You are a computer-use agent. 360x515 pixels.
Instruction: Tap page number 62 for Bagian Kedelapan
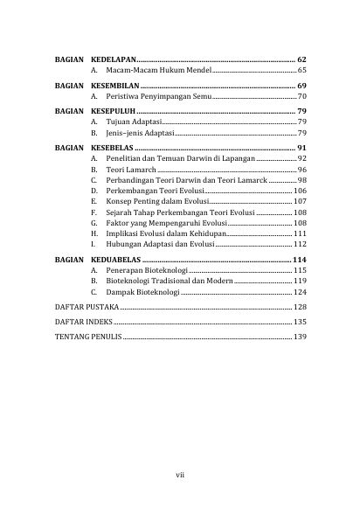[x=301, y=56]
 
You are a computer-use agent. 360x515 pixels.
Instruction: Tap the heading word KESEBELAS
[x=114, y=150]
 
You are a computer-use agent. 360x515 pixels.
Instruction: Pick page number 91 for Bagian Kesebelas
[x=301, y=150]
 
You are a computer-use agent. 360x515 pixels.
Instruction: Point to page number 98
[x=301, y=179]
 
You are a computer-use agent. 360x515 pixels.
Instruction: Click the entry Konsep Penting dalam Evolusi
[x=153, y=201]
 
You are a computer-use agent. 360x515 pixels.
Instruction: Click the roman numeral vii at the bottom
[x=180, y=475]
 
